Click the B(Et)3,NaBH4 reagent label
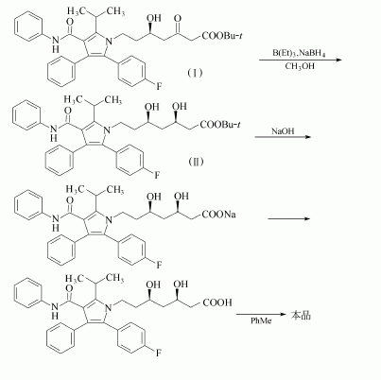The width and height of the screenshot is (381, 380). coord(299,53)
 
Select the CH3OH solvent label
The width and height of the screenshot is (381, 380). coord(300,66)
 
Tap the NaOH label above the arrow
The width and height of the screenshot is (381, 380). coord(283,130)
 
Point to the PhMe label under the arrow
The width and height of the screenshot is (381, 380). coord(261,320)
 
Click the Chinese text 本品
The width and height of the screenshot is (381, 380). coord(301,315)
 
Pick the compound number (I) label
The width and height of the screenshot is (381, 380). coord(196,73)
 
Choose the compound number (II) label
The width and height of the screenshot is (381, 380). coord(196,162)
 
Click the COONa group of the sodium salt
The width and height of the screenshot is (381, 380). coord(218,215)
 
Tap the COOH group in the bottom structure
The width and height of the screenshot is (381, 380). coord(217,302)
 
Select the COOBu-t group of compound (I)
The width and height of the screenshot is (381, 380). coord(222,36)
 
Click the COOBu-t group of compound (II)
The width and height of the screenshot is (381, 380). coord(219,125)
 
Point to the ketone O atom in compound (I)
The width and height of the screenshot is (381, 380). coord(178,19)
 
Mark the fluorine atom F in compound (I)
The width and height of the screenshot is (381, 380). coord(159,86)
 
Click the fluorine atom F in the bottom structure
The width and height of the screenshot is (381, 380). coord(158,353)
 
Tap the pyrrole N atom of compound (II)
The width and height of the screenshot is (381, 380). coord(108,129)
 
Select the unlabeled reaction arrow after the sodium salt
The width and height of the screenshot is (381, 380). coord(289,218)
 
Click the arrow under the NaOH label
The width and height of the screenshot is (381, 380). coord(283,137)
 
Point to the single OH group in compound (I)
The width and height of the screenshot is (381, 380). coord(154,18)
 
